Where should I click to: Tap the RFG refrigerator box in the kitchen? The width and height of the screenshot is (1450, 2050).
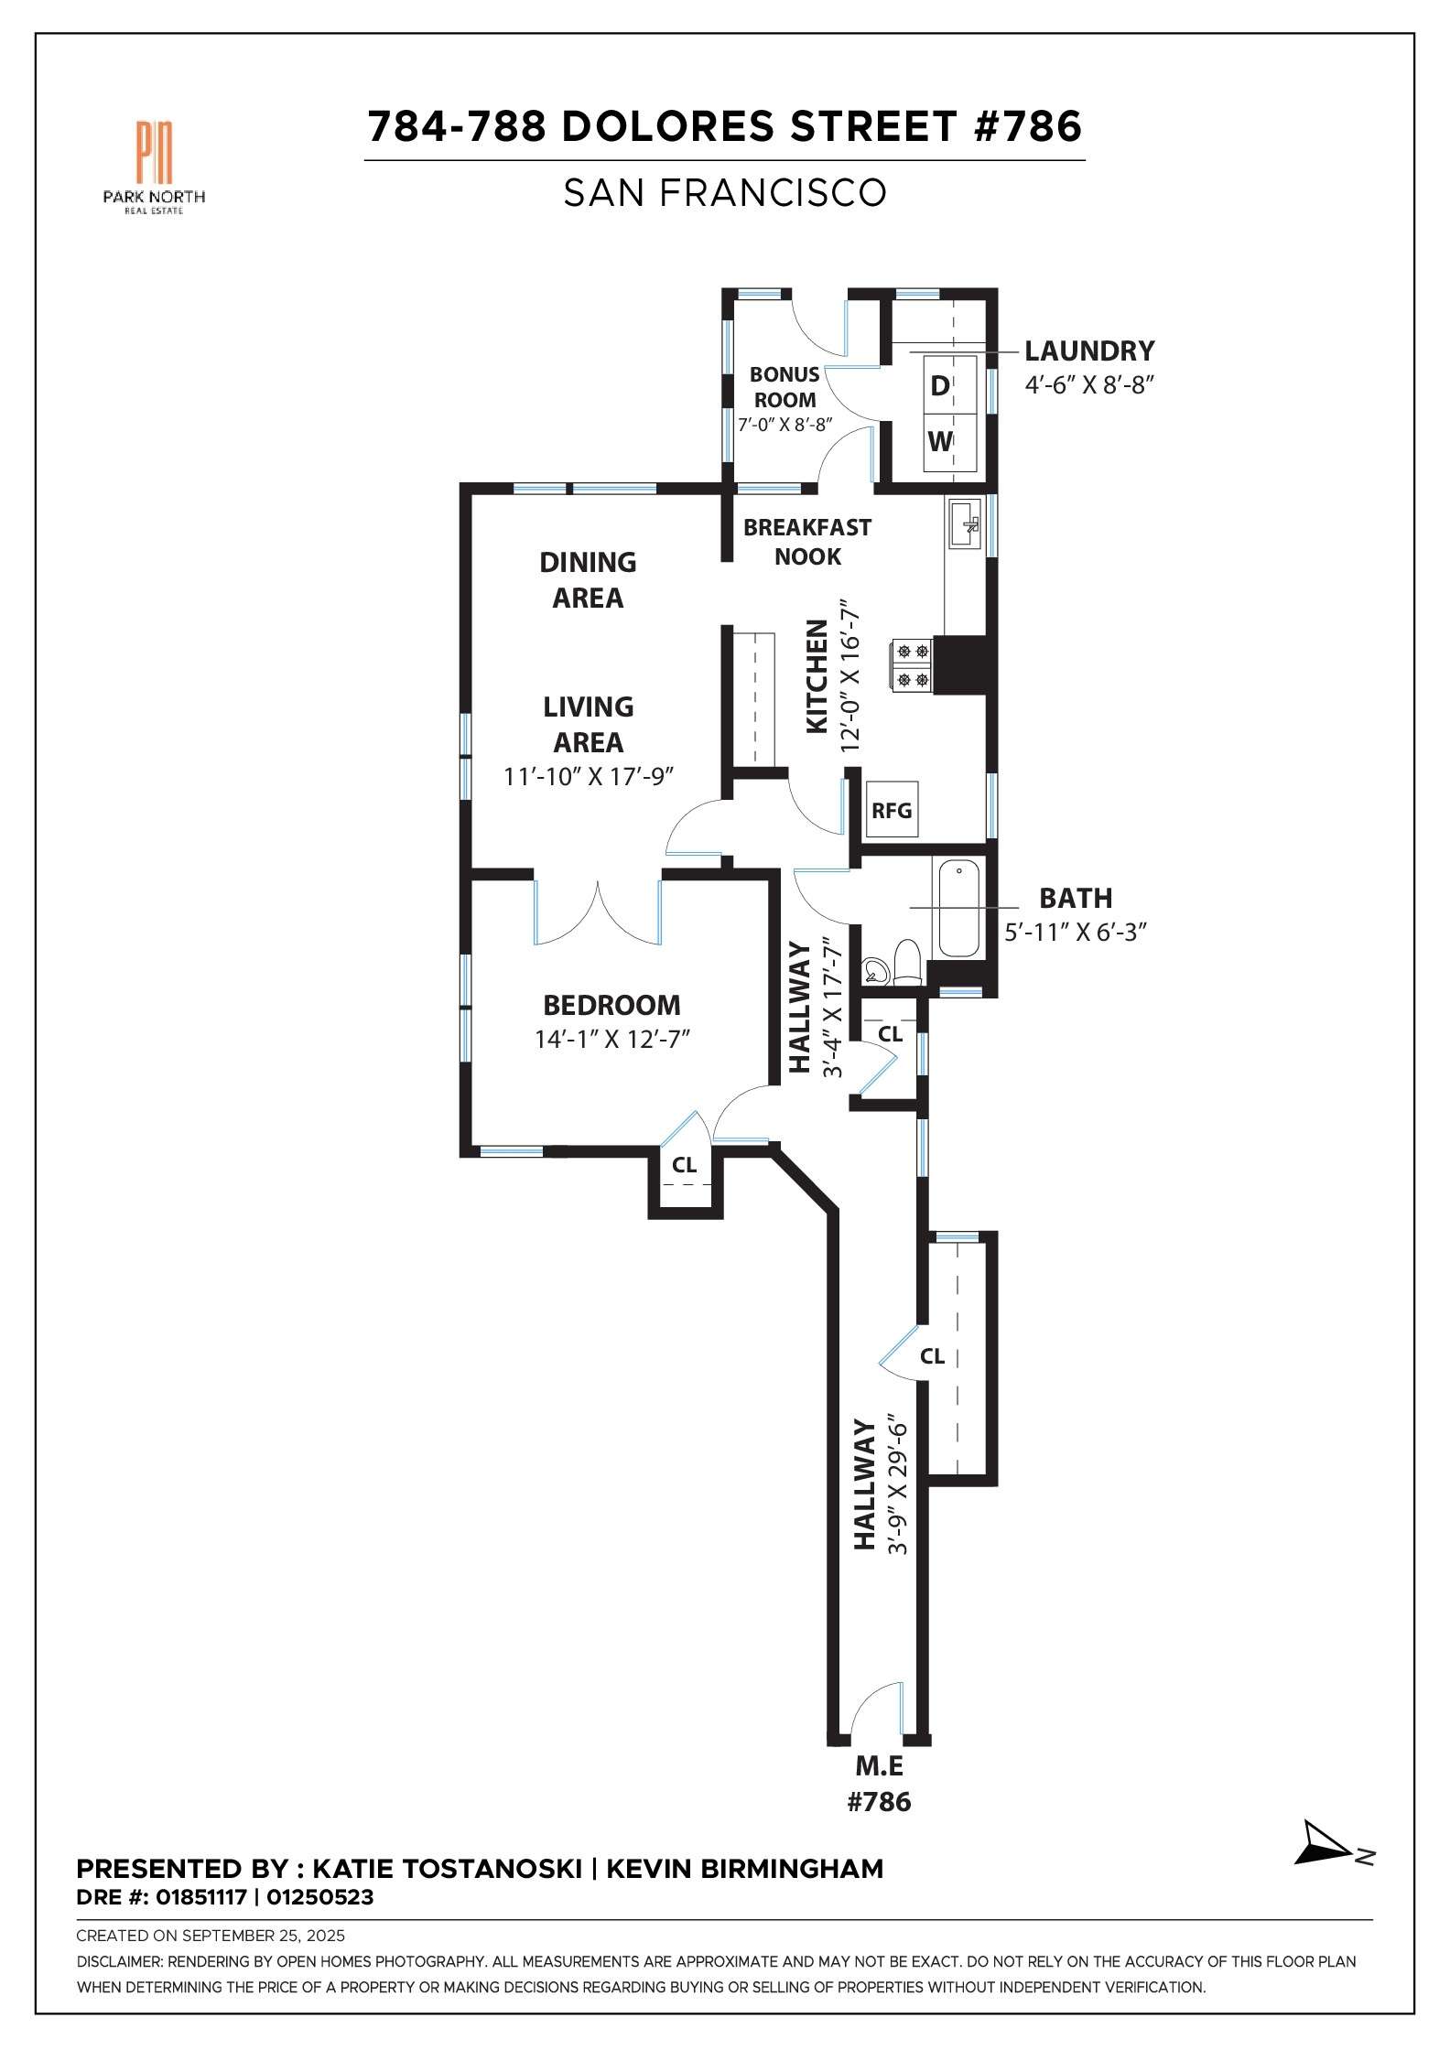pyautogui.click(x=892, y=810)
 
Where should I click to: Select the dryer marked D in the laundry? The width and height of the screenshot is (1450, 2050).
pyautogui.click(x=940, y=386)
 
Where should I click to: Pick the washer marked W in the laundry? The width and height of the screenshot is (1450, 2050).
pyautogui.click(x=940, y=442)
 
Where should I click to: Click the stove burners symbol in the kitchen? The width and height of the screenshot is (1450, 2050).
pyautogui.click(x=912, y=665)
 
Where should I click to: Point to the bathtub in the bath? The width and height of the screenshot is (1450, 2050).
pyautogui.click(x=958, y=908)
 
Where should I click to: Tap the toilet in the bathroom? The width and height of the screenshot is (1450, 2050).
pyautogui.click(x=907, y=963)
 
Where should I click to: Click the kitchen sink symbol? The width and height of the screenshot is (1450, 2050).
pyautogui.click(x=965, y=523)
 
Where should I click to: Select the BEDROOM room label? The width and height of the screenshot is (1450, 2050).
pyautogui.click(x=611, y=1005)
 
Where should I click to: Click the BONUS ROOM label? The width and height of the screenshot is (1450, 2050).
pyautogui.click(x=785, y=387)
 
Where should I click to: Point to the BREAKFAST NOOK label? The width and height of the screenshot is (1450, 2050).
pyautogui.click(x=806, y=542)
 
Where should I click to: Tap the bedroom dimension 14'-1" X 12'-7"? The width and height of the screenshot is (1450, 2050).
pyautogui.click(x=611, y=1040)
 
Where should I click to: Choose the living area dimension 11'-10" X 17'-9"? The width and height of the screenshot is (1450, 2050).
pyautogui.click(x=589, y=777)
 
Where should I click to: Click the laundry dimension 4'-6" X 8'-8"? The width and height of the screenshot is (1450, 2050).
pyautogui.click(x=1088, y=385)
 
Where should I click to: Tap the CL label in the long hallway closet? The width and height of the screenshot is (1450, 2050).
pyautogui.click(x=932, y=1356)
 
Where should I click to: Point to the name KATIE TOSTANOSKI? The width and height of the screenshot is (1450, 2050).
pyautogui.click(x=447, y=1869)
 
